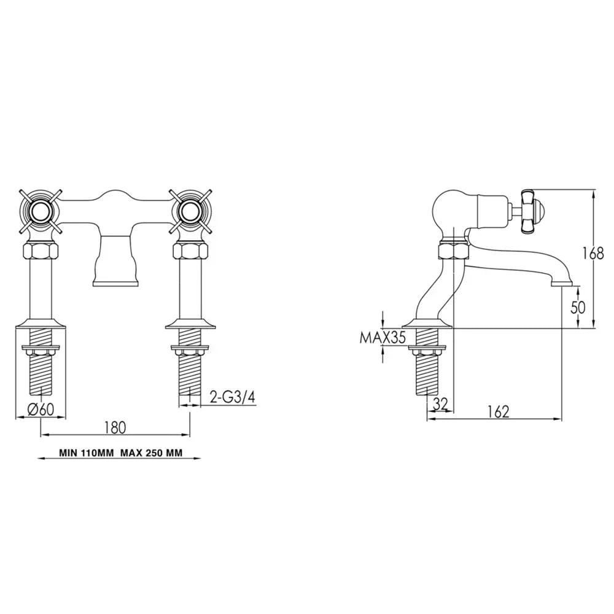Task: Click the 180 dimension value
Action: (115, 427)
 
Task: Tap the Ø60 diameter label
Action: (41, 410)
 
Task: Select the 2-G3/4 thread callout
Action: (233, 397)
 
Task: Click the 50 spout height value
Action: (578, 308)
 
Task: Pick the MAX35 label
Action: (383, 337)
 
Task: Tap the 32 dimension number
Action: (440, 404)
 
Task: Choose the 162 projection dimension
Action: (499, 411)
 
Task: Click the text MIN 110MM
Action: (86, 453)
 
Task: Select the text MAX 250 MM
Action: (151, 453)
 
